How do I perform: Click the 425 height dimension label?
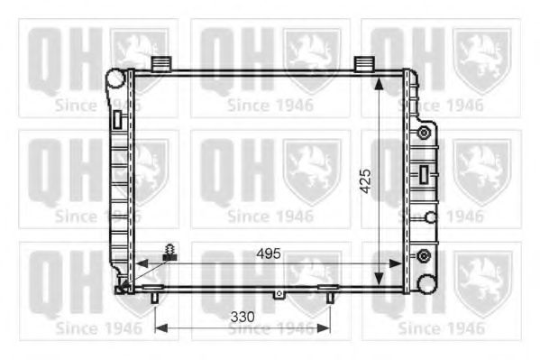pyautogui.click(x=364, y=184)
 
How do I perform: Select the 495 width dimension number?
pyautogui.click(x=267, y=253)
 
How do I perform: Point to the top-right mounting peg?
pyautogui.click(x=363, y=63)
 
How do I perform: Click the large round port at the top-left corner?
pyautogui.click(x=114, y=78)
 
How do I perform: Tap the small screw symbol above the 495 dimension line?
pyautogui.click(x=168, y=252)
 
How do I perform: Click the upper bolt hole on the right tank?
pyautogui.click(x=422, y=134)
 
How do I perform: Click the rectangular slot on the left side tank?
pyautogui.click(x=117, y=119)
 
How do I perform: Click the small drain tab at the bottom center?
pyautogui.click(x=279, y=293)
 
